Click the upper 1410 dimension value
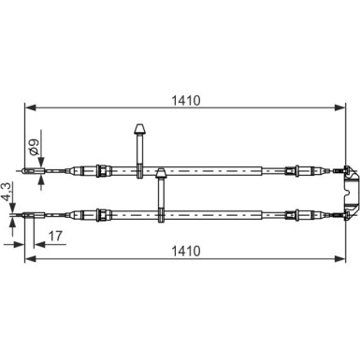click(185, 100)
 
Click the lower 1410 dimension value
click(185, 251)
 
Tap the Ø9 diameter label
click(34, 148)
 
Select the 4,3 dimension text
click(7, 192)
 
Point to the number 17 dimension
click(56, 236)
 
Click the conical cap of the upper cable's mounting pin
click(139, 129)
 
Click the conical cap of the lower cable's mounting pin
click(161, 173)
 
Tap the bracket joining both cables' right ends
click(350, 193)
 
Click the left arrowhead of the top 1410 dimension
click(31, 108)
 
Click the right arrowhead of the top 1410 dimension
click(339, 108)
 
